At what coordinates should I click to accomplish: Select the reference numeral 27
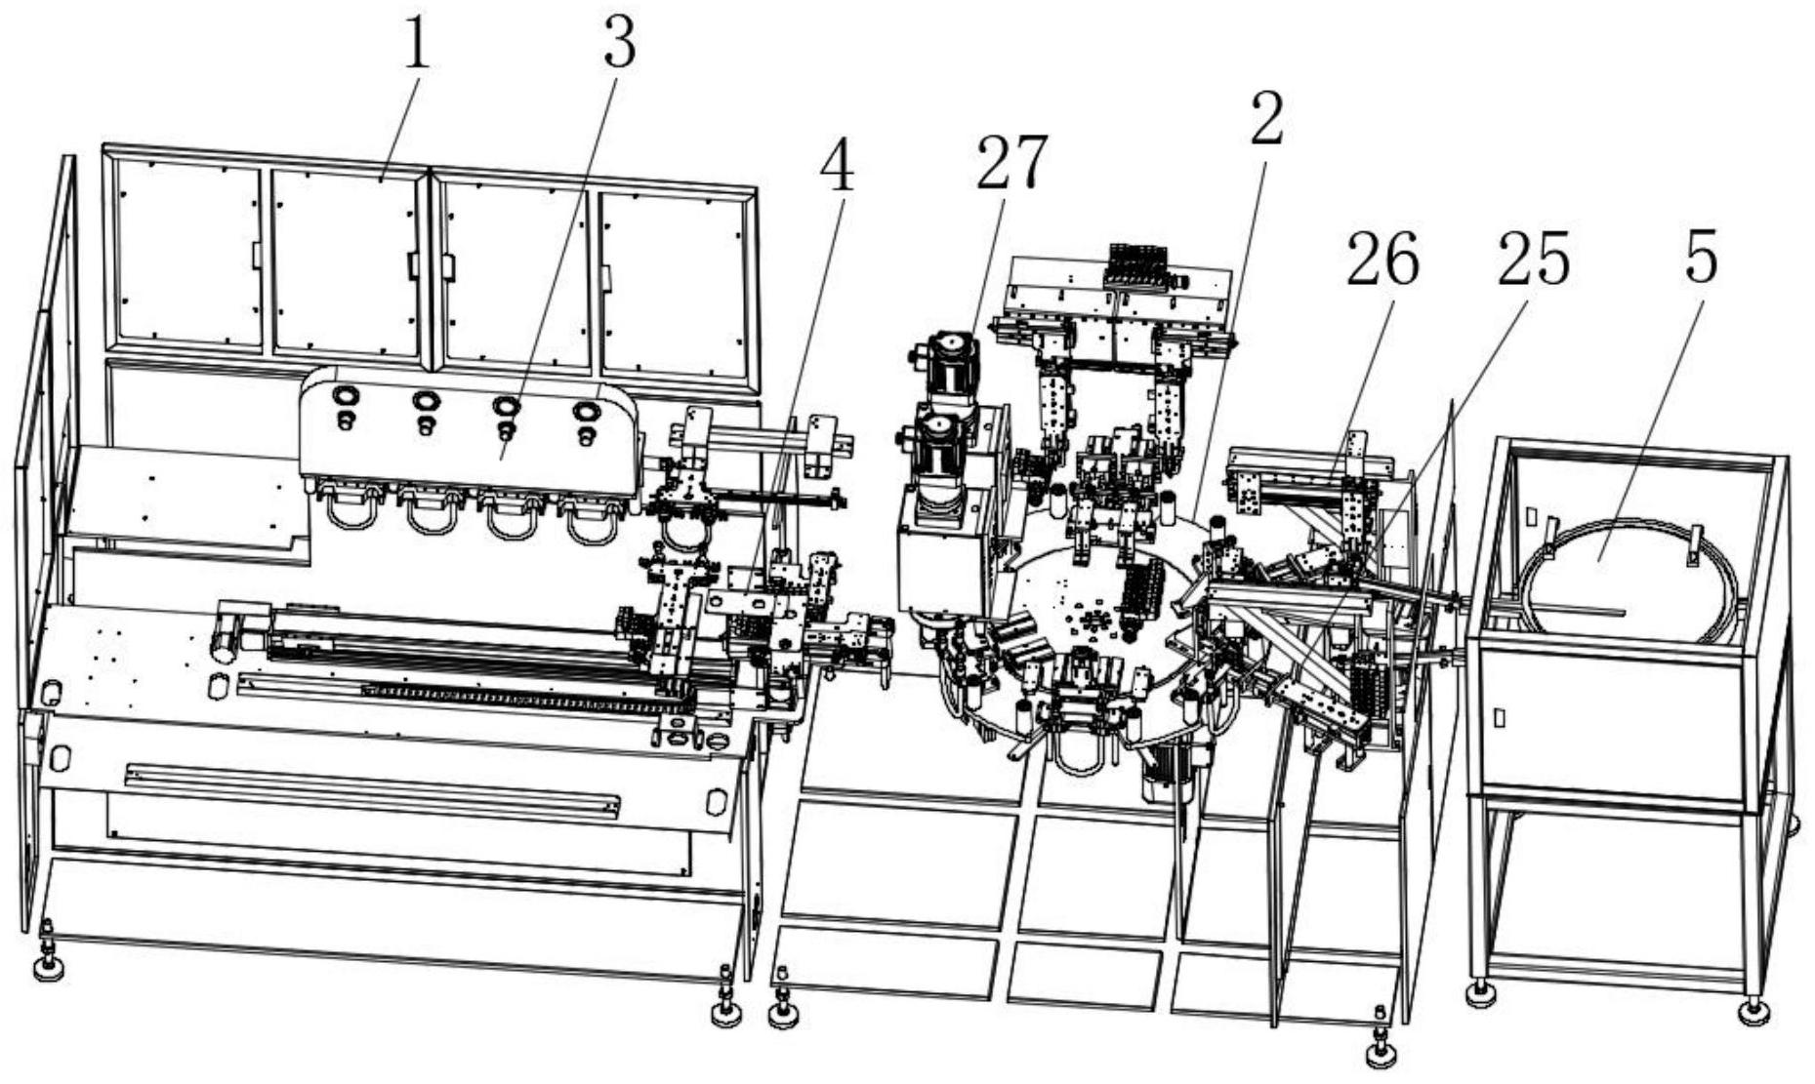click(x=1012, y=160)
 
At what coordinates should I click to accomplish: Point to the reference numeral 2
click(x=1266, y=120)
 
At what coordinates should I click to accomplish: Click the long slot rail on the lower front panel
click(x=372, y=788)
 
